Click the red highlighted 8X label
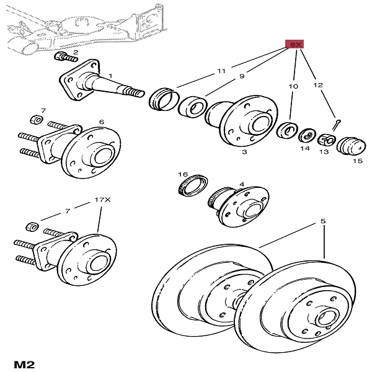pos(294,44)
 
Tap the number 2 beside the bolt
pos(76,52)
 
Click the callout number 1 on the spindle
pos(110,76)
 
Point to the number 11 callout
pos(221,71)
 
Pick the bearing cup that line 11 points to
pos(164,99)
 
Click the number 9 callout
pos(242,76)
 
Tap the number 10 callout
pos(293,86)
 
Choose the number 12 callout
pos(318,85)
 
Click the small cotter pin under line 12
pos(337,125)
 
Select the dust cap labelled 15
pos(351,146)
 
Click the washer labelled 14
pos(308,136)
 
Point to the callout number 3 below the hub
pos(244,152)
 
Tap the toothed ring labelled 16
pos(193,185)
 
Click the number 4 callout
pos(242,184)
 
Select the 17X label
pos(102,200)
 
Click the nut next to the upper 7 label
pos(37,118)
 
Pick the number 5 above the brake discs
pos(323,221)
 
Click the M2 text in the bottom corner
pos(24,365)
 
